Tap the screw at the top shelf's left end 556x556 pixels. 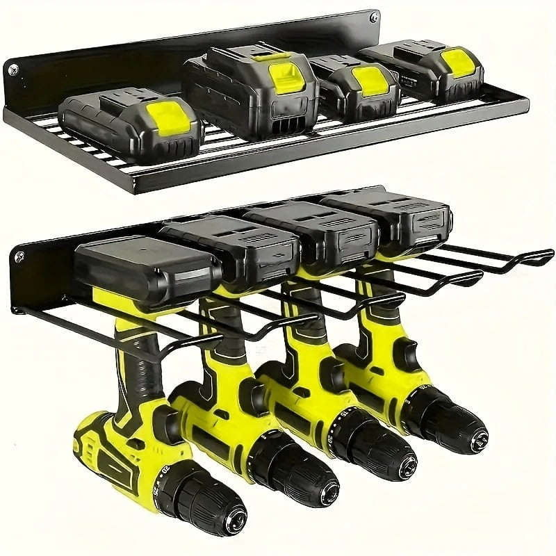point(12,69)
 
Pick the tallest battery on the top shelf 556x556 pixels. point(250,87)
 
